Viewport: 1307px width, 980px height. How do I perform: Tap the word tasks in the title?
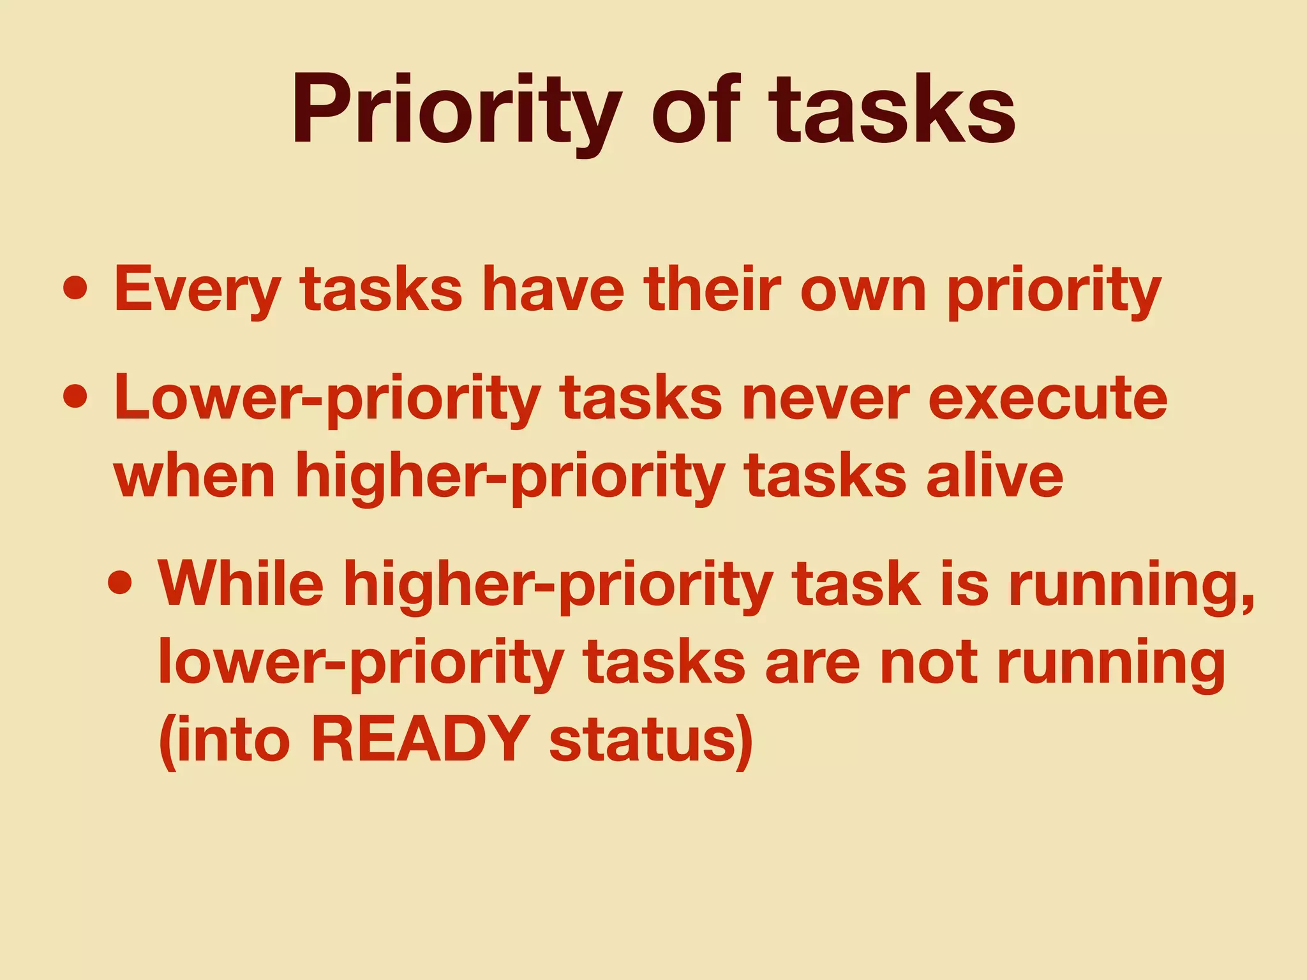point(892,110)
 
